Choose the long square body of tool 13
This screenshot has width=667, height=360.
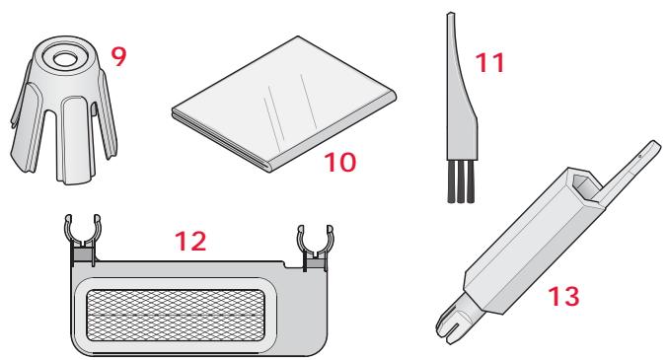pyautogui.click(x=523, y=247)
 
